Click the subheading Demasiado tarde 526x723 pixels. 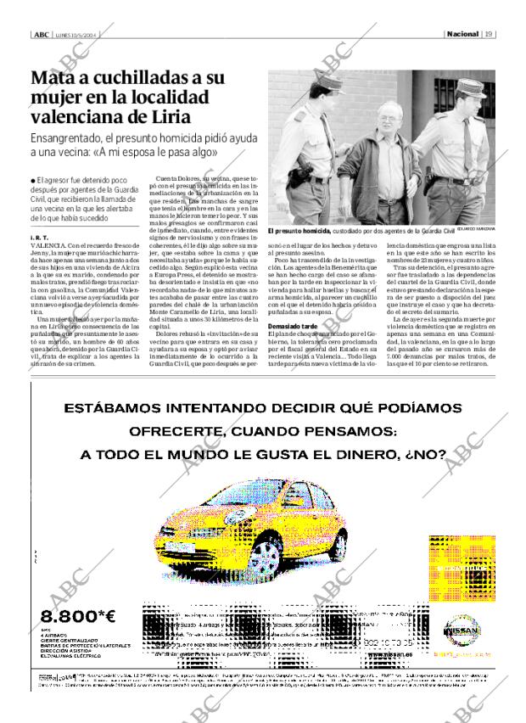(294, 302)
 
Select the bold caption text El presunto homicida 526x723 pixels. (294, 231)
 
